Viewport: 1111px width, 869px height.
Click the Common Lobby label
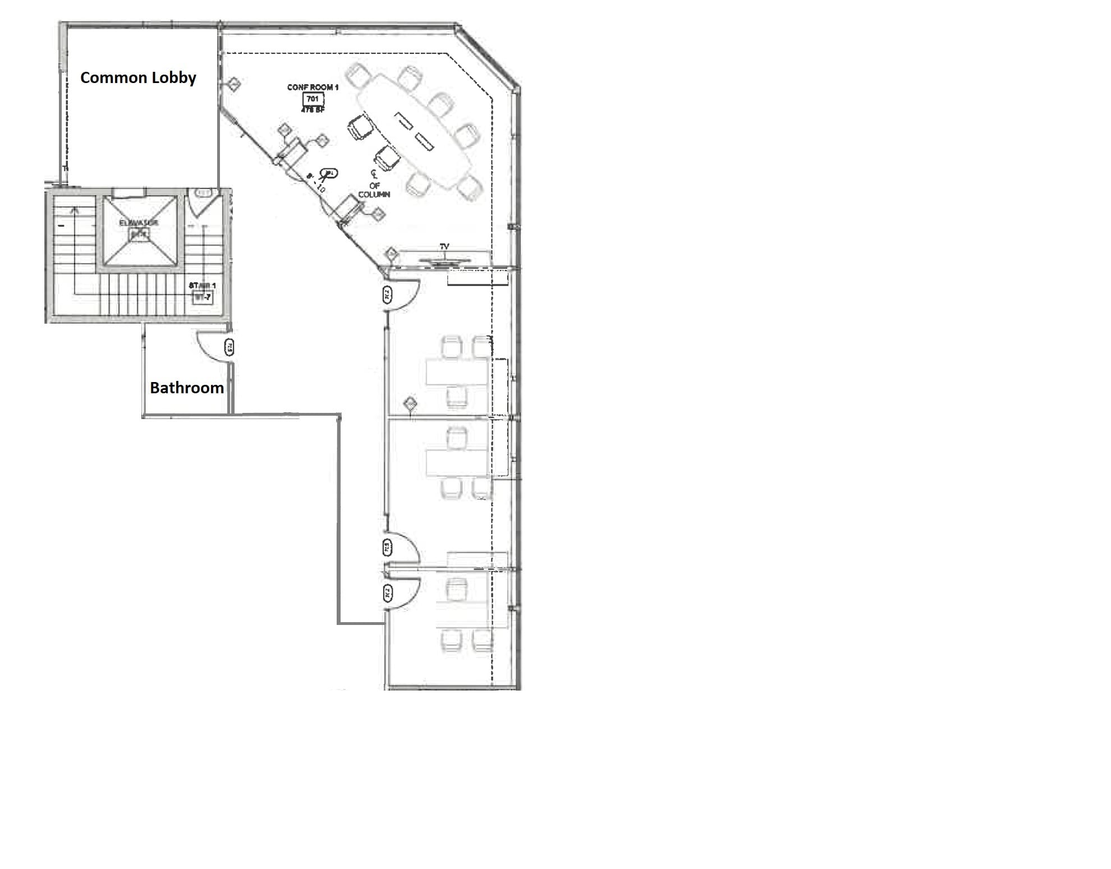(138, 78)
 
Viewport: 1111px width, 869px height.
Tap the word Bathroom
(186, 388)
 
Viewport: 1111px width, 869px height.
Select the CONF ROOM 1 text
(313, 88)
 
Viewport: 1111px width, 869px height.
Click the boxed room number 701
(313, 99)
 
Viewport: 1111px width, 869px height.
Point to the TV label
(444, 247)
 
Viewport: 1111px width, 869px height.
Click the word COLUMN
(374, 195)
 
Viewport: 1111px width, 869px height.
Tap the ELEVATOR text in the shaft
(139, 223)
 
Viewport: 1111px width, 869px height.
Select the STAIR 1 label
(202, 286)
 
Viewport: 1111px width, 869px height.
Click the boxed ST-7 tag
(202, 297)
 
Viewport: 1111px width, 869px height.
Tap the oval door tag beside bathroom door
(229, 347)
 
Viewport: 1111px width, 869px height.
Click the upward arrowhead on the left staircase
(74, 210)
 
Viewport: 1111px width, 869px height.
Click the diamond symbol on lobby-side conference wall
(234, 85)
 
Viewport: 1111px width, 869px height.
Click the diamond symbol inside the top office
(410, 403)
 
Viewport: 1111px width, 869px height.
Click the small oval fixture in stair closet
(204, 194)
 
